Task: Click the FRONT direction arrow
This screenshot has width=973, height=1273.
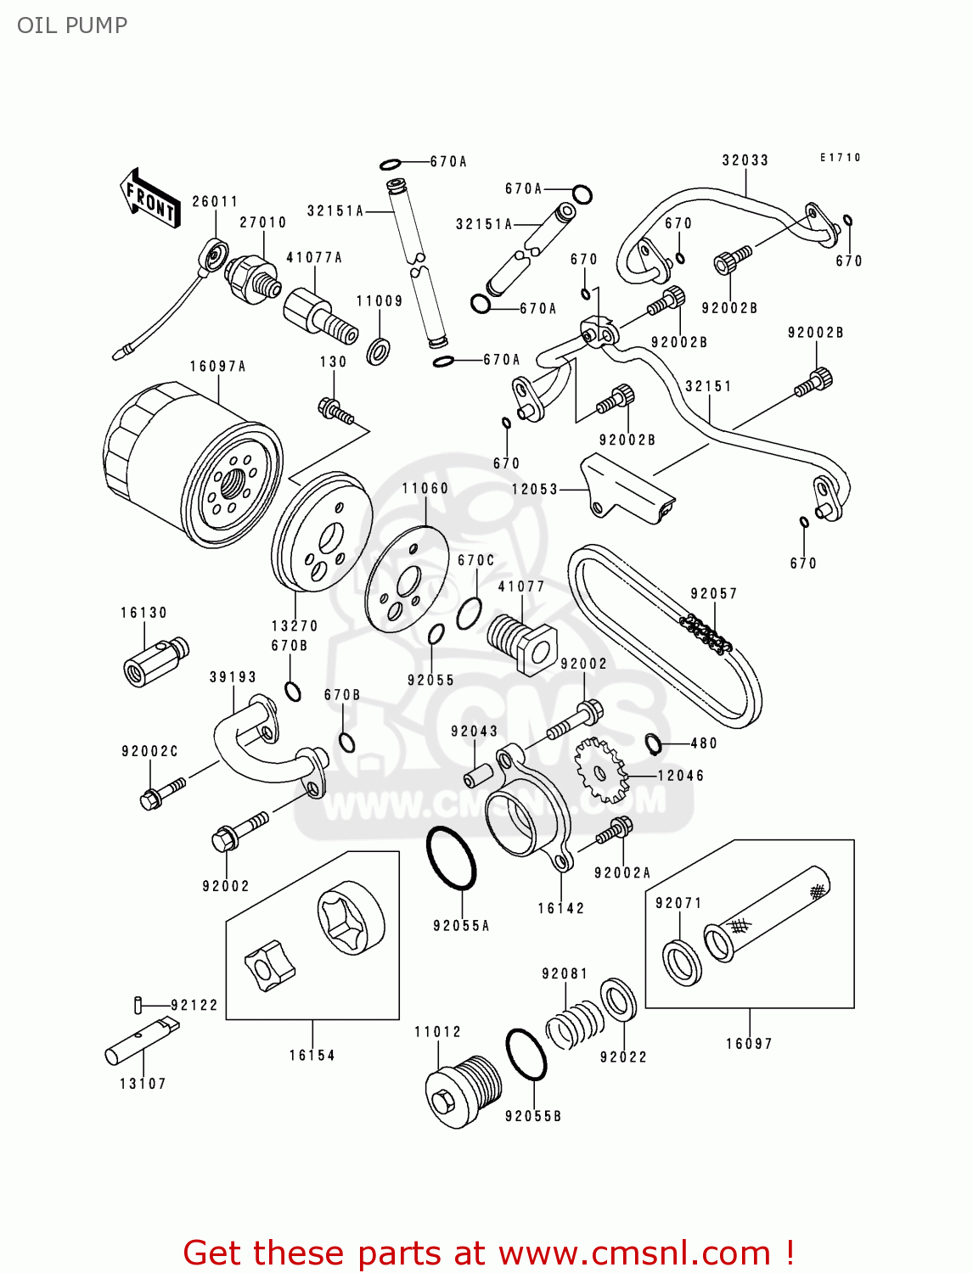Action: point(150,199)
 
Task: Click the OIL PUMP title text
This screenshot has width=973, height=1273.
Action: point(72,25)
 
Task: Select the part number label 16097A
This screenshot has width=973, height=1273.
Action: point(217,367)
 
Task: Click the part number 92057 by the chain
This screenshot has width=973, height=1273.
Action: point(713,594)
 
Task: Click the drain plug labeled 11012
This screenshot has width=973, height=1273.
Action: point(459,1091)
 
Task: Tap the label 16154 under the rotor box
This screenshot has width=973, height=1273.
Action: point(312,1056)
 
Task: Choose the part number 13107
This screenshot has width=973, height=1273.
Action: point(143,1084)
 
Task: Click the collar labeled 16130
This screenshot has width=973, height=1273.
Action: point(155,661)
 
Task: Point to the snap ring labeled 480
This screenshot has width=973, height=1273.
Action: point(653,743)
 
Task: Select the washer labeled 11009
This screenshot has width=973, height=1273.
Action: point(379,350)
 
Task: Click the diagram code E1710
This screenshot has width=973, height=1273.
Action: point(840,158)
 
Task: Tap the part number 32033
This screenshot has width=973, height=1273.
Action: point(745,160)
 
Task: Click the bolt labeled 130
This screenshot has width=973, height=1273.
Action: point(335,411)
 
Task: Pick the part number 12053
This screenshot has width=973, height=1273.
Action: point(534,490)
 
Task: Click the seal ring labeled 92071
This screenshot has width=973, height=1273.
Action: point(682,962)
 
